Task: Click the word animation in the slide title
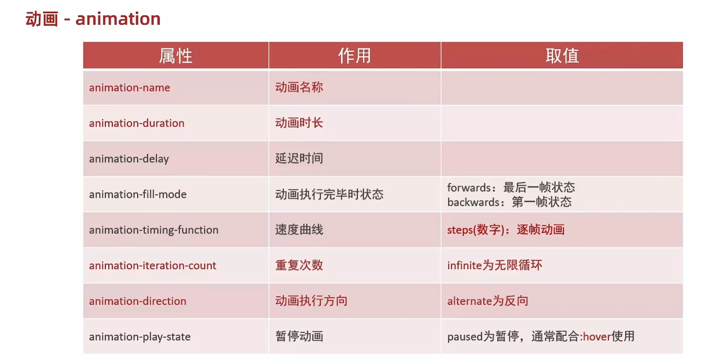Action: [x=118, y=19]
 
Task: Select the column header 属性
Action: [x=175, y=56]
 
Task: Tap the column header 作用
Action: [x=354, y=56]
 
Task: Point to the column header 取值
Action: [x=562, y=56]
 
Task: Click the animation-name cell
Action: [x=129, y=88]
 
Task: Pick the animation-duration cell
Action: [x=137, y=123]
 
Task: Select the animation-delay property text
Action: [x=129, y=159]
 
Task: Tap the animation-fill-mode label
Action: [x=138, y=194]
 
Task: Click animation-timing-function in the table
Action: [x=154, y=230]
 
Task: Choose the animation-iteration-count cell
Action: [x=153, y=265]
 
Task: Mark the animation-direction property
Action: [x=138, y=301]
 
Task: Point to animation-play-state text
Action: [x=140, y=337]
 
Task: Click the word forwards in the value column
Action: [x=469, y=187]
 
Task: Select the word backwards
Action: [x=473, y=202]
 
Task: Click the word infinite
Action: [x=464, y=265]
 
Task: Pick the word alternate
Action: [x=470, y=301]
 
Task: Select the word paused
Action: [x=465, y=337]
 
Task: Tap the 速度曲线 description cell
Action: [x=299, y=230]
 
